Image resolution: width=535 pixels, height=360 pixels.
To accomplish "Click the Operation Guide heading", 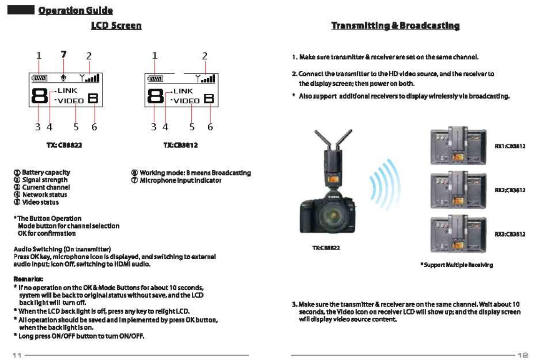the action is [75, 10].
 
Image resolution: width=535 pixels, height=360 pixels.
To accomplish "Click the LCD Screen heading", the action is [116, 26].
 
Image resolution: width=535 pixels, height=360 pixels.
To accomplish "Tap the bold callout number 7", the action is [62, 55].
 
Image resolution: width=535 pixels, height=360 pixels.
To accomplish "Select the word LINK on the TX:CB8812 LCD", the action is [183, 90].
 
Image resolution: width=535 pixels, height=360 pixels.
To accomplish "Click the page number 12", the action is [522, 355].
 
